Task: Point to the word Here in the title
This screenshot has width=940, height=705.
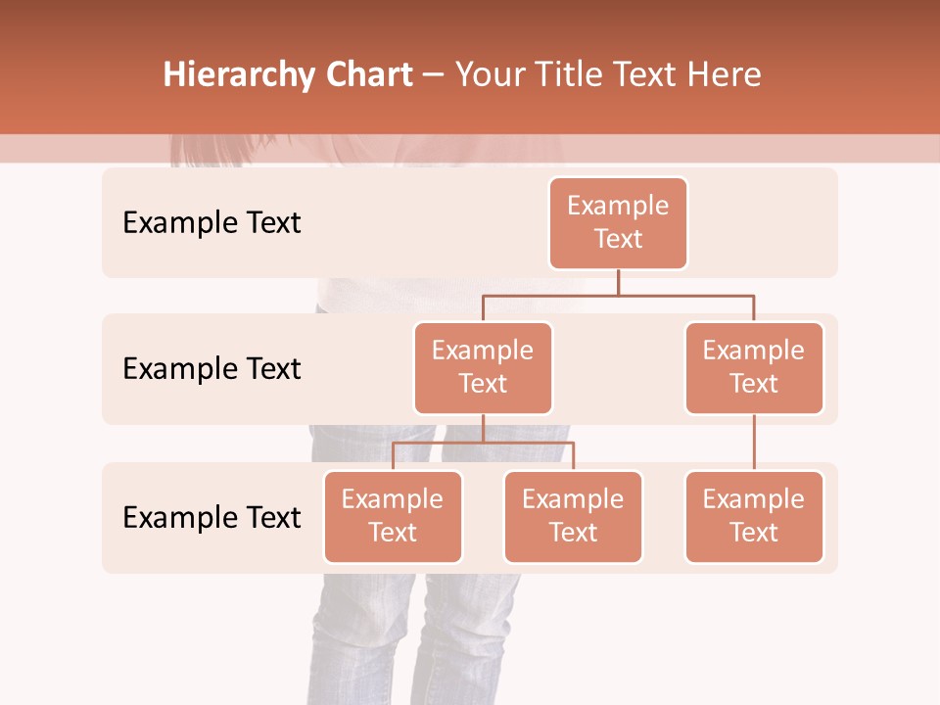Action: (x=723, y=75)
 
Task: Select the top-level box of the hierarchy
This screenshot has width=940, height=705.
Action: (x=618, y=222)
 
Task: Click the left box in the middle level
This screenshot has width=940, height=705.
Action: (x=483, y=367)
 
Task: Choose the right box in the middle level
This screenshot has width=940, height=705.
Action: (x=754, y=367)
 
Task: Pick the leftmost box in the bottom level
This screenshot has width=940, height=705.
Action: (x=393, y=516)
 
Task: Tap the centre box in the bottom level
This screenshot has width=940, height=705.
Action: (x=573, y=516)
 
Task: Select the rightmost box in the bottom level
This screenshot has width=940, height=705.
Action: (x=754, y=516)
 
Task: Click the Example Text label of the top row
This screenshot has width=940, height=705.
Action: (x=211, y=223)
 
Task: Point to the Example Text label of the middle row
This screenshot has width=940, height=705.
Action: (x=211, y=369)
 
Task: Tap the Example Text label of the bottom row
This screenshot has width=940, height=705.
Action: (x=211, y=517)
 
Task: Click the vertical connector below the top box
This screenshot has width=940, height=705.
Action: (x=618, y=282)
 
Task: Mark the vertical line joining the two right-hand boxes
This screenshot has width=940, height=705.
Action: (x=754, y=443)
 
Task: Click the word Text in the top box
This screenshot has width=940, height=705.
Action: (x=618, y=239)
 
